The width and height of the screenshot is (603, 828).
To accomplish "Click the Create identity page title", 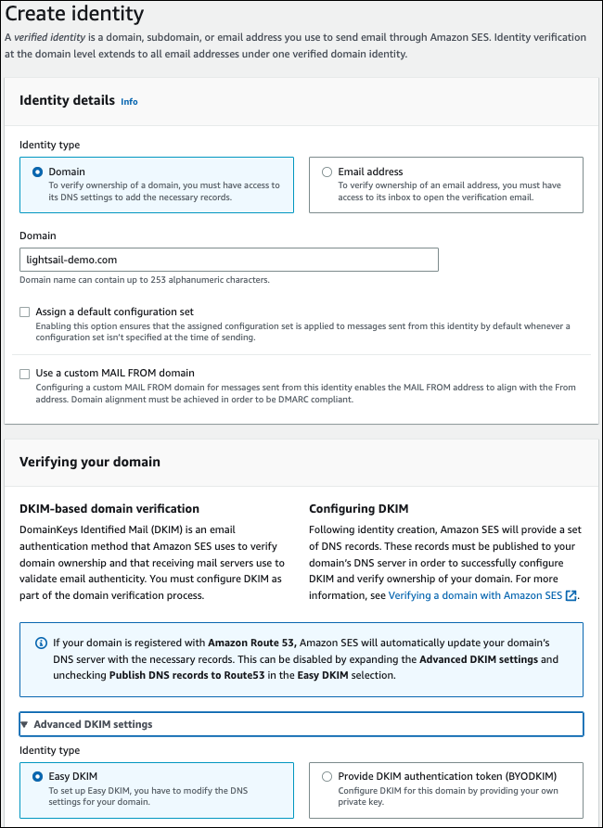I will [x=74, y=14].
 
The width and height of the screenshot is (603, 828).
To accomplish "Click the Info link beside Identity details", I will [x=129, y=102].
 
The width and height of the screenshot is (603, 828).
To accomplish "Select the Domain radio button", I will [x=38, y=172].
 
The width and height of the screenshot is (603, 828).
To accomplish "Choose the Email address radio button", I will [x=327, y=172].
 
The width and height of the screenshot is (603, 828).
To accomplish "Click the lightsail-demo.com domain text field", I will [x=229, y=260].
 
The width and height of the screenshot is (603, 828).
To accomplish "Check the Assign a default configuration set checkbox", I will [x=25, y=312].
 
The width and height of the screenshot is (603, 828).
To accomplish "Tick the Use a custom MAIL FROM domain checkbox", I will [x=25, y=374].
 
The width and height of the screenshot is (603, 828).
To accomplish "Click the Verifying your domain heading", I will [x=90, y=462].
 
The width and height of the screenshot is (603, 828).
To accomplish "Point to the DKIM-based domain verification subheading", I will [x=109, y=508].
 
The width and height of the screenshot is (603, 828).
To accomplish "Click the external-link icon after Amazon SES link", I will [x=571, y=595].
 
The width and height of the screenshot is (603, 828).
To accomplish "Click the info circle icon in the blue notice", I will [x=40, y=643].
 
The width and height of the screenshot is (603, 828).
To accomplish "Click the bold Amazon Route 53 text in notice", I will [x=255, y=643].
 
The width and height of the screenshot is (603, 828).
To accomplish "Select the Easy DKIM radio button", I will [x=38, y=776].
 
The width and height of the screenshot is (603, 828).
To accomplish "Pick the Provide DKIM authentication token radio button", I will [x=327, y=776].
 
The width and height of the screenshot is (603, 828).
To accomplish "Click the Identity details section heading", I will [x=67, y=100].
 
